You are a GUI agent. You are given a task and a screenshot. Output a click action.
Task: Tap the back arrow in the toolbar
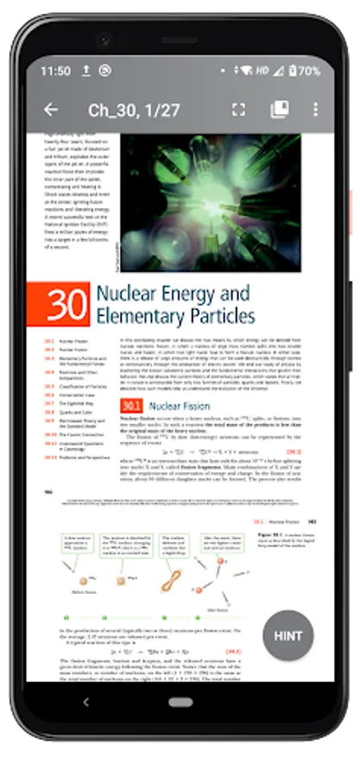[51, 110]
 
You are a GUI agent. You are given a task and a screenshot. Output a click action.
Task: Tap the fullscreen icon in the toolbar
[239, 110]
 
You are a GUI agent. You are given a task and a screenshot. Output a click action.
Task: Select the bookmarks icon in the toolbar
[279, 110]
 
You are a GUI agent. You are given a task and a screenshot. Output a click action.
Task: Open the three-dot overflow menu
[316, 110]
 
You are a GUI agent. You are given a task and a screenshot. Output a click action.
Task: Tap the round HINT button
[288, 635]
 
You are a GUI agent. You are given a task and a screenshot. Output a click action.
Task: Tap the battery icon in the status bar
[292, 71]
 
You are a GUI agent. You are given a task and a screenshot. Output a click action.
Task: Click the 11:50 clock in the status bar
[54, 71]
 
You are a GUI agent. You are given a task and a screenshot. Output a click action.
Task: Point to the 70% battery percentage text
[310, 71]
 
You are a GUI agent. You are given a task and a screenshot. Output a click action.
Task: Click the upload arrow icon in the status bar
[83, 71]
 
